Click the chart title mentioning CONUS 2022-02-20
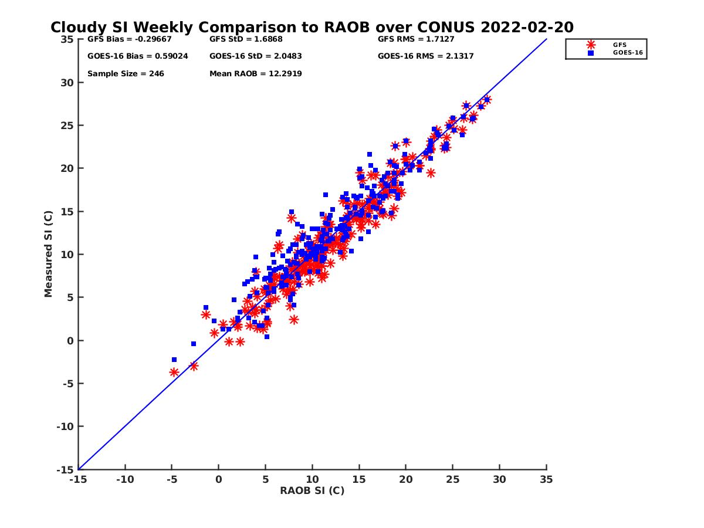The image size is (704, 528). coord(312,28)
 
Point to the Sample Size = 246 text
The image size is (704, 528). coord(126,74)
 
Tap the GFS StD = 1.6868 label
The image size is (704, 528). coord(246,39)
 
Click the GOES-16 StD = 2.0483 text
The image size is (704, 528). coord(256,56)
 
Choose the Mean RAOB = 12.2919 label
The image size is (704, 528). coord(256,74)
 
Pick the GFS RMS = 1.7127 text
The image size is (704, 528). coord(416,39)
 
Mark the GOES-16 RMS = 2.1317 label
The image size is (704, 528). coord(426,56)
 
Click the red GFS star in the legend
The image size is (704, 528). coord(591,45)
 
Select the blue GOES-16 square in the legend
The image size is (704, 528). coord(591,53)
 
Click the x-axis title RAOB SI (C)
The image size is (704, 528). coord(312,490)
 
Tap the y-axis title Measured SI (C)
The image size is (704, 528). coord(49,254)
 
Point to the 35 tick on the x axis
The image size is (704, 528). coord(546,479)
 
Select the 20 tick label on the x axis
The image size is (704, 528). coord(406,479)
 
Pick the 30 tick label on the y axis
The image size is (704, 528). coord(67,83)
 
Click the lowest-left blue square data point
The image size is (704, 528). coord(174,360)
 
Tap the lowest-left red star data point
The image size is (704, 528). coord(174,372)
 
